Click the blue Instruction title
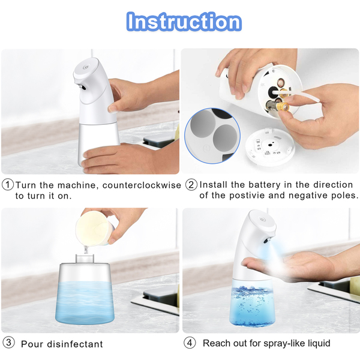click(184, 22)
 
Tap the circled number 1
click(8, 185)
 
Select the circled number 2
click(191, 185)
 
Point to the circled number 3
click(8, 343)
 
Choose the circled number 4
click(190, 343)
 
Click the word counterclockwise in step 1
click(142, 185)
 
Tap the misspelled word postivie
click(247, 196)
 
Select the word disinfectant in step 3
click(75, 344)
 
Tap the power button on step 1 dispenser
click(86, 67)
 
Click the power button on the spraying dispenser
click(263, 220)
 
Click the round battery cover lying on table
click(270, 147)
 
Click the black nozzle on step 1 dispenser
click(82, 87)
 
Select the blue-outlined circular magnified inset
click(212, 136)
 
